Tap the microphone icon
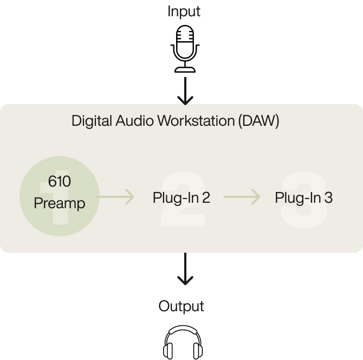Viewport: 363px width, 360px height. tap(185, 50)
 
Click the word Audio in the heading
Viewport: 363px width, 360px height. tap(135, 120)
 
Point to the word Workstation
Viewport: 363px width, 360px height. tap(195, 120)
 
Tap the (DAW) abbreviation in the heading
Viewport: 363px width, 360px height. tap(258, 121)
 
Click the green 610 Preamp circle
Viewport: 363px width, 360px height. tap(59, 196)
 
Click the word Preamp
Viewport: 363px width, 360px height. tap(59, 204)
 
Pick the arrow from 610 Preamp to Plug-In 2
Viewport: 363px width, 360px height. tap(116, 196)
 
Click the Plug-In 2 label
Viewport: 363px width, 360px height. tap(181, 198)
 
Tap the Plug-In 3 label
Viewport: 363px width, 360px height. tap(303, 198)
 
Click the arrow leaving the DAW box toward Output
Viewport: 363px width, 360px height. tap(185, 269)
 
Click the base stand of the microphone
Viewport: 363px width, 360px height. tap(185, 69)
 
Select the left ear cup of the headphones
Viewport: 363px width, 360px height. tap(168, 349)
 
